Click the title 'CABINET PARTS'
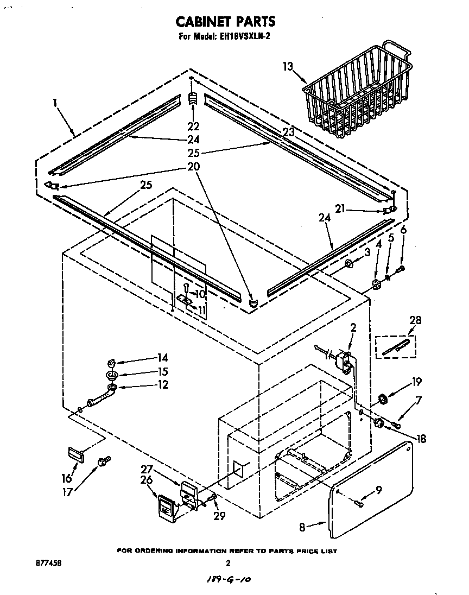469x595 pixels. click(225, 21)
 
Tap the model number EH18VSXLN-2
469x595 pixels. click(244, 38)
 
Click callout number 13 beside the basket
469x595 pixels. click(288, 67)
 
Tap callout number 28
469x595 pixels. click(416, 320)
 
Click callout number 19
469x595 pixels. click(416, 381)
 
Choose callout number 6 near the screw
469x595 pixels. click(402, 230)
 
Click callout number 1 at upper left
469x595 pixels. click(55, 102)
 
